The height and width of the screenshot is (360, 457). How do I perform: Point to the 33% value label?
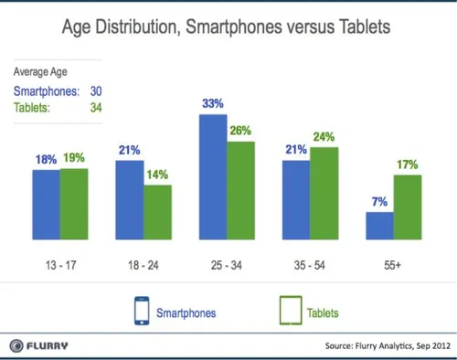213,105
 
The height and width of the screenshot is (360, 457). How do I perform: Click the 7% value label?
379,200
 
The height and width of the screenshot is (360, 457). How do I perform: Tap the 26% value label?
241,131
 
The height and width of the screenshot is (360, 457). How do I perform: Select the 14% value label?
157,174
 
